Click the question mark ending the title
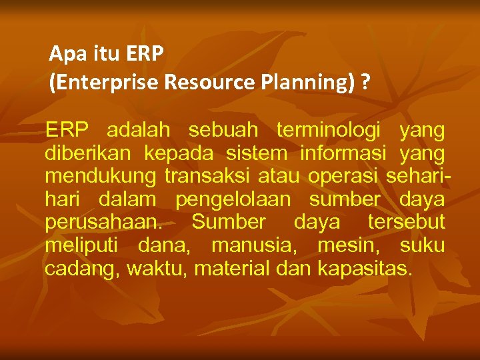[x=365, y=83]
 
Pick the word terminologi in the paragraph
[x=325, y=129]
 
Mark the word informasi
[x=343, y=153]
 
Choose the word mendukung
[x=100, y=177]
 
